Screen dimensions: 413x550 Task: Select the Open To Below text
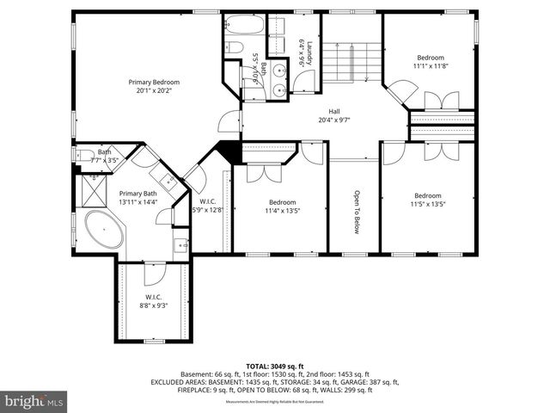[x=355, y=211]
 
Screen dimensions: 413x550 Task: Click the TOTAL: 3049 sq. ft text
[x=274, y=366]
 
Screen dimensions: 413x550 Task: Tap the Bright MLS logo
[x=34, y=401]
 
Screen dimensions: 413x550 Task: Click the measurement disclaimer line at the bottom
[x=274, y=402]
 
